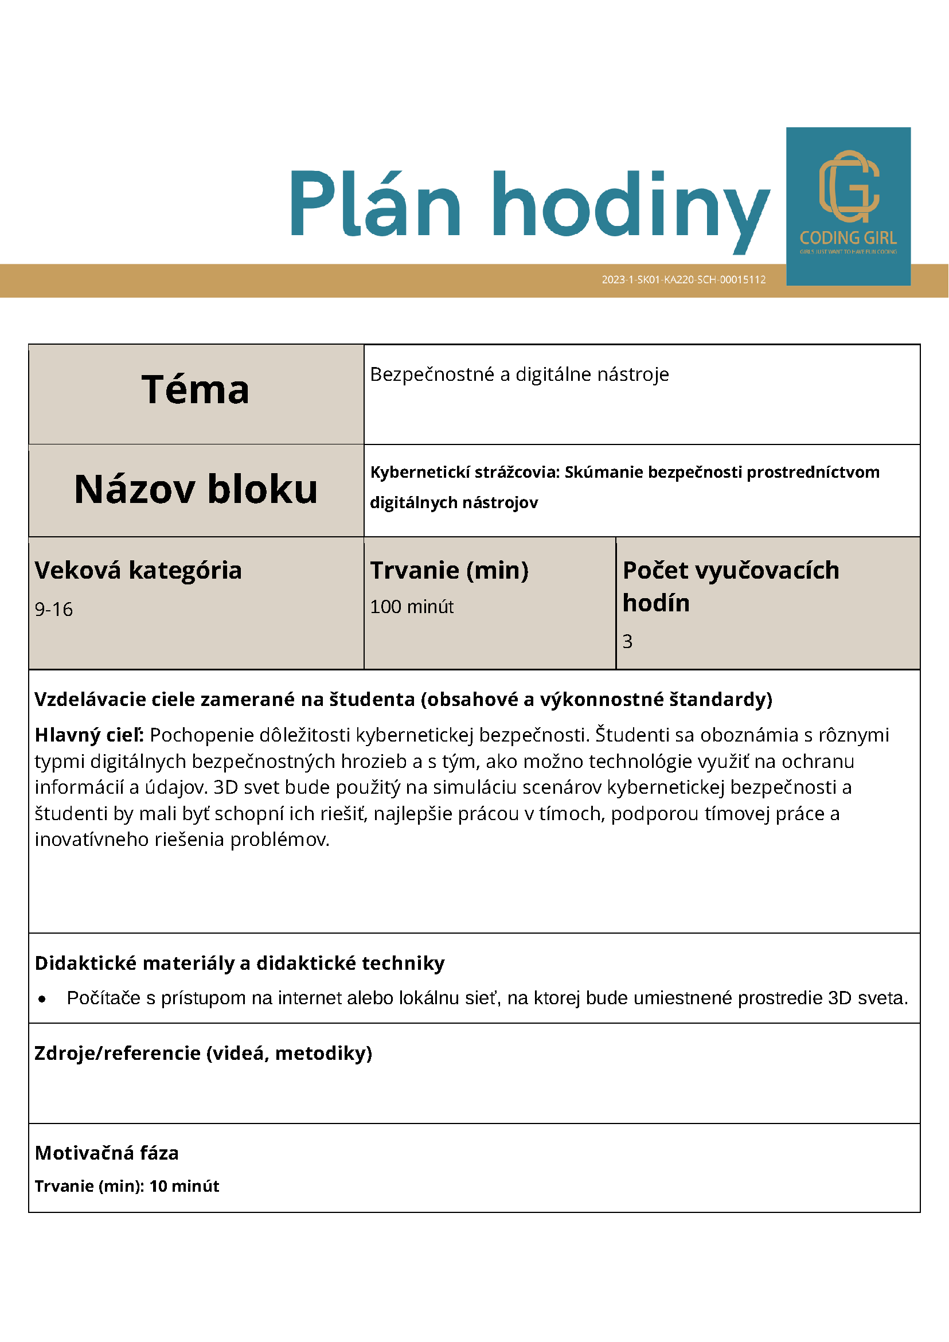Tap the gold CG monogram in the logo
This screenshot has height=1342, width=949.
tap(849, 186)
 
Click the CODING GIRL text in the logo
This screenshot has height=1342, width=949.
tap(848, 238)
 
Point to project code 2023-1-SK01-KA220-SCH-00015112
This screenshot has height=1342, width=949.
tap(683, 279)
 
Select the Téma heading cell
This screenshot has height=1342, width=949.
tap(195, 390)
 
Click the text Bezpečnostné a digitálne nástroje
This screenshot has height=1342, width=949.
tap(519, 374)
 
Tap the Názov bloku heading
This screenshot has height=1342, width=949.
tap(196, 489)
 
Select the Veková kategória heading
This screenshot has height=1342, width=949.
tap(138, 570)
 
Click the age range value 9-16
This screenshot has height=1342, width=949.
tap(54, 610)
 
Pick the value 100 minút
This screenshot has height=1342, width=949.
tap(411, 607)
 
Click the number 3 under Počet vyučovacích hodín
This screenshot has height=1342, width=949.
tap(627, 641)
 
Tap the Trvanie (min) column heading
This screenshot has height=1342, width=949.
tap(449, 570)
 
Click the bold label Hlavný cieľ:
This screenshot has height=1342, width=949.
tap(89, 735)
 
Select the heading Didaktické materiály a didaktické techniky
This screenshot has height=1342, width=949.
tap(240, 963)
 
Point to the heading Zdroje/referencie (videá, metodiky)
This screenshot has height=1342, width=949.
tap(203, 1053)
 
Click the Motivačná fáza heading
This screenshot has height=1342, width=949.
tap(106, 1153)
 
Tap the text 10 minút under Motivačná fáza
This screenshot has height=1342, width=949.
tap(184, 1186)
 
